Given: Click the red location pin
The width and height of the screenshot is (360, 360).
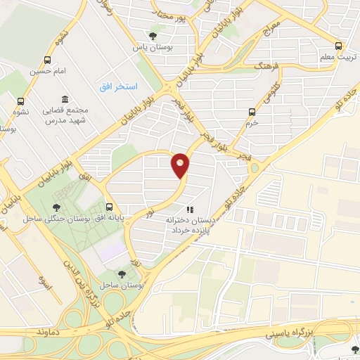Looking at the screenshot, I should [180, 165].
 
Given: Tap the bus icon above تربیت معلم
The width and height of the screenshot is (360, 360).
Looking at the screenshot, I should [339, 44].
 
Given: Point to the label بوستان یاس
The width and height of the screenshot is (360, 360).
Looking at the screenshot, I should [153, 47].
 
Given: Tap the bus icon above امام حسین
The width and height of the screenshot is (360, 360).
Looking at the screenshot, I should [47, 60].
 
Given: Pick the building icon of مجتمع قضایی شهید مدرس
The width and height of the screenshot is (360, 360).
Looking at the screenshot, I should [65, 99].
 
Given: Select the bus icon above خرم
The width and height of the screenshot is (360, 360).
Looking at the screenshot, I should [252, 111].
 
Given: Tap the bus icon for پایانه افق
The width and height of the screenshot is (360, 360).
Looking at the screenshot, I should [109, 207].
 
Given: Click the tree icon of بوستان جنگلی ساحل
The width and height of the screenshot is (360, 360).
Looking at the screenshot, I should [56, 207].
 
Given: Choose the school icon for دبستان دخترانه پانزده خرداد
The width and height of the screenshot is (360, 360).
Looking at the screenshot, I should [188, 209].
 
